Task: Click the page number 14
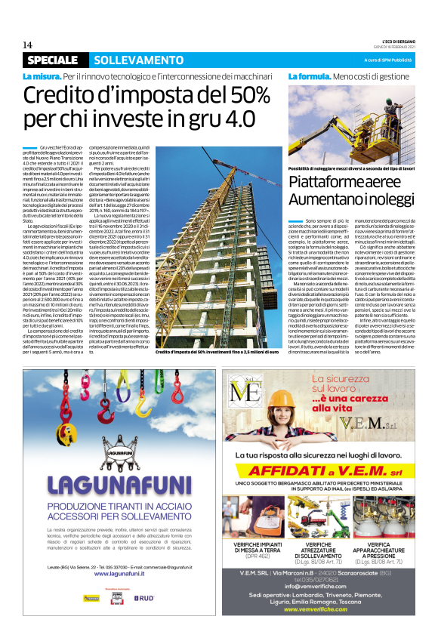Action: (27, 45)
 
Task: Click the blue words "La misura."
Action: (41, 77)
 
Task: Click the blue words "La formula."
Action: (309, 77)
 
